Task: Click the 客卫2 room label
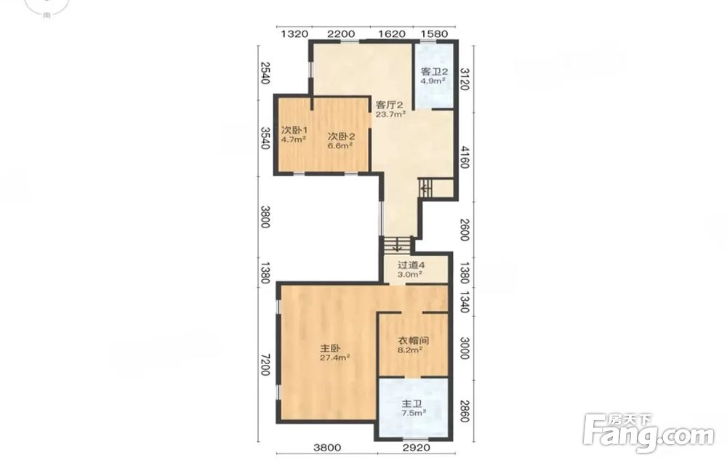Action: [434, 72]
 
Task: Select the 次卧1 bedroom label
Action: [294, 129]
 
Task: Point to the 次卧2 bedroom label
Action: [341, 136]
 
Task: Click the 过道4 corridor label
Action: [411, 265]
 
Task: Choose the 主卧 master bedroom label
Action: [331, 348]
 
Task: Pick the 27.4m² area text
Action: [334, 358]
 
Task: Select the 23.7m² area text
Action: [390, 114]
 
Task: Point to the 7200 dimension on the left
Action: [265, 365]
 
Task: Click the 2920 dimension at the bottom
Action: [417, 448]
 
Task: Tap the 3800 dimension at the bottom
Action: [327, 448]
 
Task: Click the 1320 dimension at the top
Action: [295, 33]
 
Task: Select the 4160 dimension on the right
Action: [465, 157]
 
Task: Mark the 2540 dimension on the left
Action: [265, 73]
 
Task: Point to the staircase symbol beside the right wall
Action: [425, 188]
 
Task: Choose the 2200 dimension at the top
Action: [341, 33]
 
